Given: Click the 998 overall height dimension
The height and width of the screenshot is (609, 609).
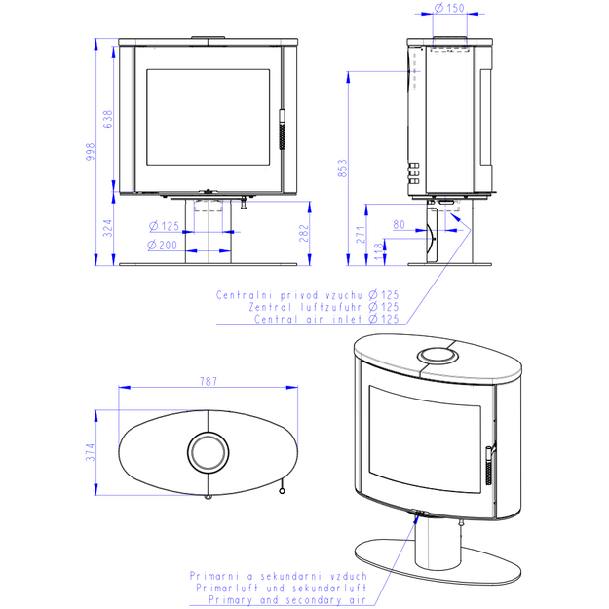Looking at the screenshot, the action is (x=90, y=152).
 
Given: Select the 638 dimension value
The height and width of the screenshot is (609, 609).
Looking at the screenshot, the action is (x=107, y=119).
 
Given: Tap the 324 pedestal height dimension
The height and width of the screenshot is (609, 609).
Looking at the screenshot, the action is (x=107, y=228).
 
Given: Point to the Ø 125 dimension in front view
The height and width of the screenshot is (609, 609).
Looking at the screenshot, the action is (x=164, y=226).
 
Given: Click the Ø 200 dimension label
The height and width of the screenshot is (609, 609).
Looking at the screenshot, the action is (x=163, y=246).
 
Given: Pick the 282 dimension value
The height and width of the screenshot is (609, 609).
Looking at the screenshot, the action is (x=304, y=233).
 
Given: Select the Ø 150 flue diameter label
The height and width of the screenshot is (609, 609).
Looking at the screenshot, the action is (x=449, y=8).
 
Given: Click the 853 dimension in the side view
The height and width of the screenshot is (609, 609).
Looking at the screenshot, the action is (x=343, y=169).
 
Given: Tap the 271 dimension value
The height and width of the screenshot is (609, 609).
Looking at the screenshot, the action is (x=361, y=235).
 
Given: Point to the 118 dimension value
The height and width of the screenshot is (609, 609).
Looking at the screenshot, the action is (x=379, y=251).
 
